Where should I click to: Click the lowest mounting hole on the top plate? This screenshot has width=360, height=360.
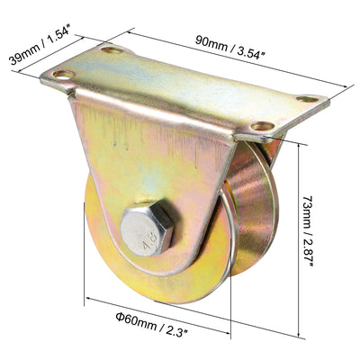(261, 128)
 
